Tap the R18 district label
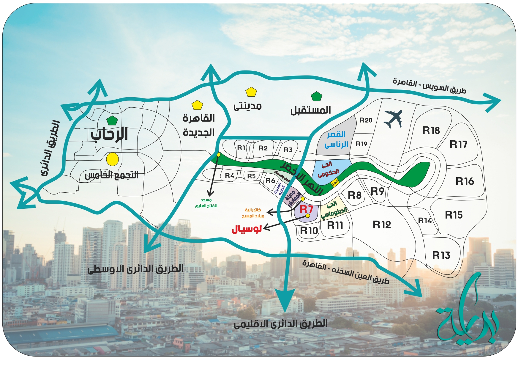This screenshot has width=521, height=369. tap(431, 130)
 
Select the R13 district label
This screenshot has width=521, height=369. tap(441, 255)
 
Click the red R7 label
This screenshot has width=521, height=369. tap(306, 209)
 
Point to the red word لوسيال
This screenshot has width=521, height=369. tap(247, 229)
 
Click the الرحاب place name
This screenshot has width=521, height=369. tap(109, 134)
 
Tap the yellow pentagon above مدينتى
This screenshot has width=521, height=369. tap(251, 92)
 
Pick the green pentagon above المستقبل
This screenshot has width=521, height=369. tap(317, 96)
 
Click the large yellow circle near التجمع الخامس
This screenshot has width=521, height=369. tap(113, 159)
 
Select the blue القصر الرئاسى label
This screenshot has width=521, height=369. tap(336, 140)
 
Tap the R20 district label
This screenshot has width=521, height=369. tap(366, 120)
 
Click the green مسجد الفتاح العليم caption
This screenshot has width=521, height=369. tap(206, 203)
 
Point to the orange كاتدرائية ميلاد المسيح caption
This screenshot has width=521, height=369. tap(253, 213)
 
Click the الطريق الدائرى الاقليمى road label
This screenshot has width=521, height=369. tap(280, 324)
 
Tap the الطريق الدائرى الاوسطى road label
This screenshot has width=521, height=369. tap(135, 269)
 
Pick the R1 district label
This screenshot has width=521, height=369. tap(241, 148)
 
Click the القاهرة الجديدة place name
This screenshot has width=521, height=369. tap(198, 125)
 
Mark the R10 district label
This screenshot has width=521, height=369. tap(309, 230)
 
